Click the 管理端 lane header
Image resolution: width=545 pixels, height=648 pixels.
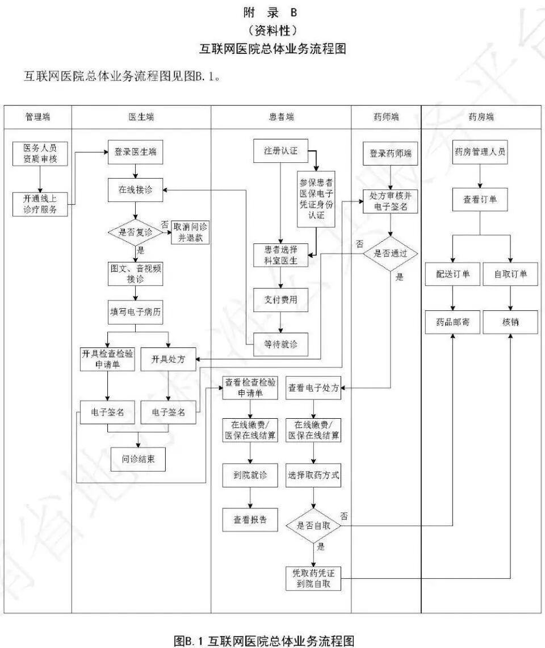click(x=37, y=117)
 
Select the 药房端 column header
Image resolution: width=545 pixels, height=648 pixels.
click(x=481, y=117)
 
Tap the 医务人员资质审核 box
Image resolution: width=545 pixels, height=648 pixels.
click(x=40, y=153)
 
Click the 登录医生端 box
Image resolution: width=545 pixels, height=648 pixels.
click(x=135, y=153)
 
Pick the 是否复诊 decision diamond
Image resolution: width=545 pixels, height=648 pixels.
click(x=135, y=233)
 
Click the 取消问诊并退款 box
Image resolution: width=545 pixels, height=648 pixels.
click(x=190, y=233)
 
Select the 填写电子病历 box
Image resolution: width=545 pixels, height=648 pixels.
click(x=135, y=312)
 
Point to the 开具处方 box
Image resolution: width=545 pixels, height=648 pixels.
click(x=167, y=359)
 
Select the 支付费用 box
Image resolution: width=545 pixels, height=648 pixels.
click(x=280, y=299)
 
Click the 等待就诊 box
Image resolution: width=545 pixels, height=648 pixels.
click(x=280, y=344)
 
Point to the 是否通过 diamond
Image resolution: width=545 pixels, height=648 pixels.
click(x=390, y=254)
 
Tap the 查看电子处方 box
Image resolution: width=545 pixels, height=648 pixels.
click(x=313, y=388)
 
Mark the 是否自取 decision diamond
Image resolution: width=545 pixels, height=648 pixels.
click(x=313, y=526)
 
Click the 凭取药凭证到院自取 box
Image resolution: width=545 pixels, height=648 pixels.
click(x=313, y=578)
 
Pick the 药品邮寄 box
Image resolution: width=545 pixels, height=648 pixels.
click(x=452, y=322)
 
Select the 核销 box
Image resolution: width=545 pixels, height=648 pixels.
click(x=510, y=322)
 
